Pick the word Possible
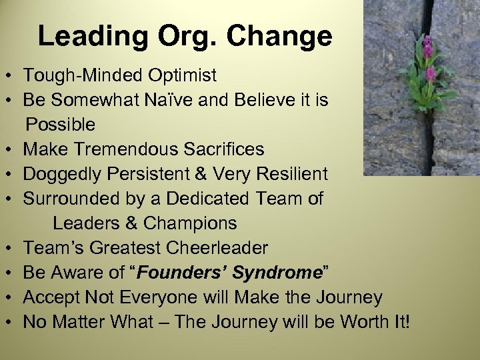click(x=61, y=125)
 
